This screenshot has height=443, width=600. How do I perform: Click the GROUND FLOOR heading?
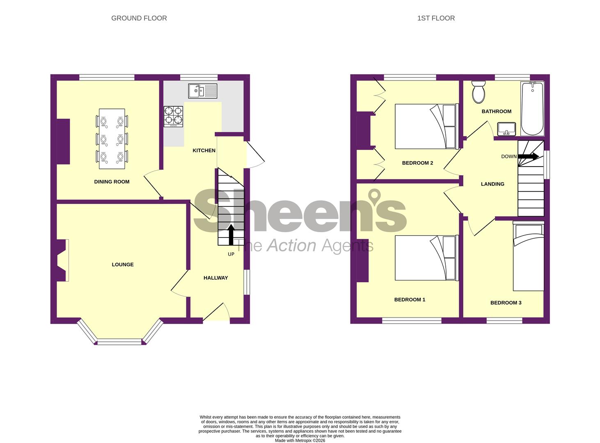coord(139,18)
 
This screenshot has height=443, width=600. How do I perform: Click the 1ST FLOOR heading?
coord(436,18)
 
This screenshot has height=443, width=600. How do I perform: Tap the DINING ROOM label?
coord(112,182)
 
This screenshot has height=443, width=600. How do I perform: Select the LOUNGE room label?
coord(123,265)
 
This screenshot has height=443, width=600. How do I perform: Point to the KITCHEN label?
coord(204,151)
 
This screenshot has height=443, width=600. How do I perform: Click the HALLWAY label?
coord(215,278)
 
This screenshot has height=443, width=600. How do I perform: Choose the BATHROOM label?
coord(496,111)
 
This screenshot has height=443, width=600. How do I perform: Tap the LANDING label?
coord(492,184)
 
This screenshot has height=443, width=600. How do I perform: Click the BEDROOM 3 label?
coord(506,303)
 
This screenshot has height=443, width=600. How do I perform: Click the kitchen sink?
coord(203,91)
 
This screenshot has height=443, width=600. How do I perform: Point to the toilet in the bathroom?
coord(479,91)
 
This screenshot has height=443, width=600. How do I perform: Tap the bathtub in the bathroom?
coord(532,108)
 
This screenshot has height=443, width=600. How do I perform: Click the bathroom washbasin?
coord(506,129)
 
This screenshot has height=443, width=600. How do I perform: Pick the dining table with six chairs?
coord(112,139)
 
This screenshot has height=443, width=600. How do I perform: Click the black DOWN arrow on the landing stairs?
coord(529,156)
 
